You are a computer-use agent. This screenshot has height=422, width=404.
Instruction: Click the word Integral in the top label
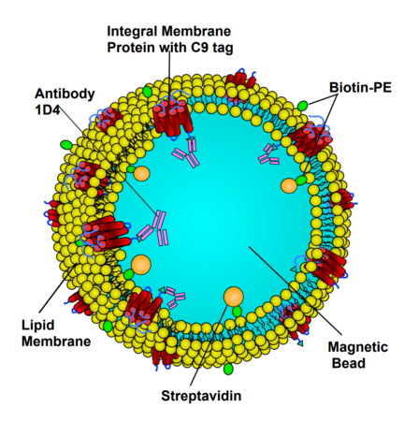coord(133,32)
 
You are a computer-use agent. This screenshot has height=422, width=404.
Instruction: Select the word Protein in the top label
coord(132,48)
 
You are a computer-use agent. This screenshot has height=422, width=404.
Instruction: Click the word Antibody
coord(65,94)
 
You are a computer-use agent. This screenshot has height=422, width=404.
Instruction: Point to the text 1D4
coord(48,109)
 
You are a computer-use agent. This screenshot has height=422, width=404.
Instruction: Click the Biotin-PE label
coord(360,87)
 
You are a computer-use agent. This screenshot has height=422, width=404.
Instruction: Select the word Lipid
coord(37,326)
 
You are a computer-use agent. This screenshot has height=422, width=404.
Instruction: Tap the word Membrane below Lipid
coord(56,341)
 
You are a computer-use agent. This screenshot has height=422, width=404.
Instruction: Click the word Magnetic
coord(358,347)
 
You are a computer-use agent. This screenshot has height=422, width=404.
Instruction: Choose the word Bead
coord(348,363)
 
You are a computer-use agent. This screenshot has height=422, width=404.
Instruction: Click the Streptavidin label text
coord(201,396)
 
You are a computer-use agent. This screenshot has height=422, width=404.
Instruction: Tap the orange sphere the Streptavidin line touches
coord(234,297)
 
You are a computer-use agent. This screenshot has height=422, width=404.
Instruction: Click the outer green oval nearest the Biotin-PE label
coord(302,106)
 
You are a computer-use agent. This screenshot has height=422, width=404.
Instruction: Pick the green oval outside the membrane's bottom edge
coord(228,369)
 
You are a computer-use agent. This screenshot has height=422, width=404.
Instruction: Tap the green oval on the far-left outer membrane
coord(66,144)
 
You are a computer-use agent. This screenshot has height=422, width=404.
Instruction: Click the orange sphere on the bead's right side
coord(289,186)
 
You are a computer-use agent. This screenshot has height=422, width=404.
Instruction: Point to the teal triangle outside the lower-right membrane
coord(300,343)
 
